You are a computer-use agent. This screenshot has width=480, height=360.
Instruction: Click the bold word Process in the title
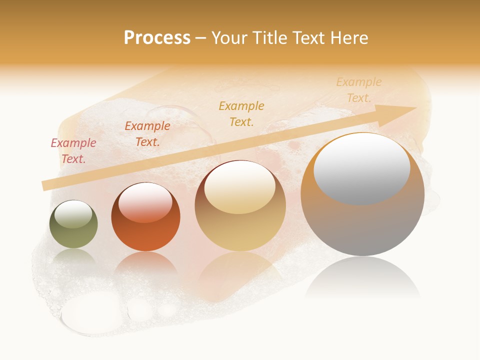[157, 38]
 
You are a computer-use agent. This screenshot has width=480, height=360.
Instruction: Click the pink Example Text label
[73, 150]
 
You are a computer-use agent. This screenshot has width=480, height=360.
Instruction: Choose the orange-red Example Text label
[147, 133]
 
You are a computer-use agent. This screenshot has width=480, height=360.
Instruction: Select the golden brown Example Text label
[241, 113]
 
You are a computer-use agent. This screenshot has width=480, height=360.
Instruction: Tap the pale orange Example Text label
[358, 89]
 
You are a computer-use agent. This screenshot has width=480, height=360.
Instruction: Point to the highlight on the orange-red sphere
[145, 202]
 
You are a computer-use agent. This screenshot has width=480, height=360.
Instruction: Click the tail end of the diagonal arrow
[44, 185]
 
